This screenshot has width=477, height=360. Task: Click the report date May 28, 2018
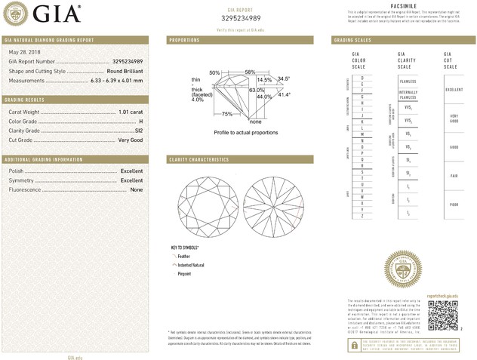(x=24, y=51)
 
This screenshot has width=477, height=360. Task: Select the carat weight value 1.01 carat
(x=131, y=112)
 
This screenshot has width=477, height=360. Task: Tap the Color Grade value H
(x=140, y=121)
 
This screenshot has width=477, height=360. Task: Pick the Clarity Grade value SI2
(x=138, y=131)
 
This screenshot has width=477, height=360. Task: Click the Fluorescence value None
(x=137, y=190)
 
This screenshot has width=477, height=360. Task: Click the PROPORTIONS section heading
(x=184, y=39)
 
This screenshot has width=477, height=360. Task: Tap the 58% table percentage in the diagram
(x=250, y=72)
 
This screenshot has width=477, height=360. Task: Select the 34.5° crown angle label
(x=284, y=78)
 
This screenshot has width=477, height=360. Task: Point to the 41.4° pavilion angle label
(x=284, y=95)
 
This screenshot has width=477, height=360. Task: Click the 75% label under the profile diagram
(x=227, y=114)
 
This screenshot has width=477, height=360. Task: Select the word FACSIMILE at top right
(x=400, y=5)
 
